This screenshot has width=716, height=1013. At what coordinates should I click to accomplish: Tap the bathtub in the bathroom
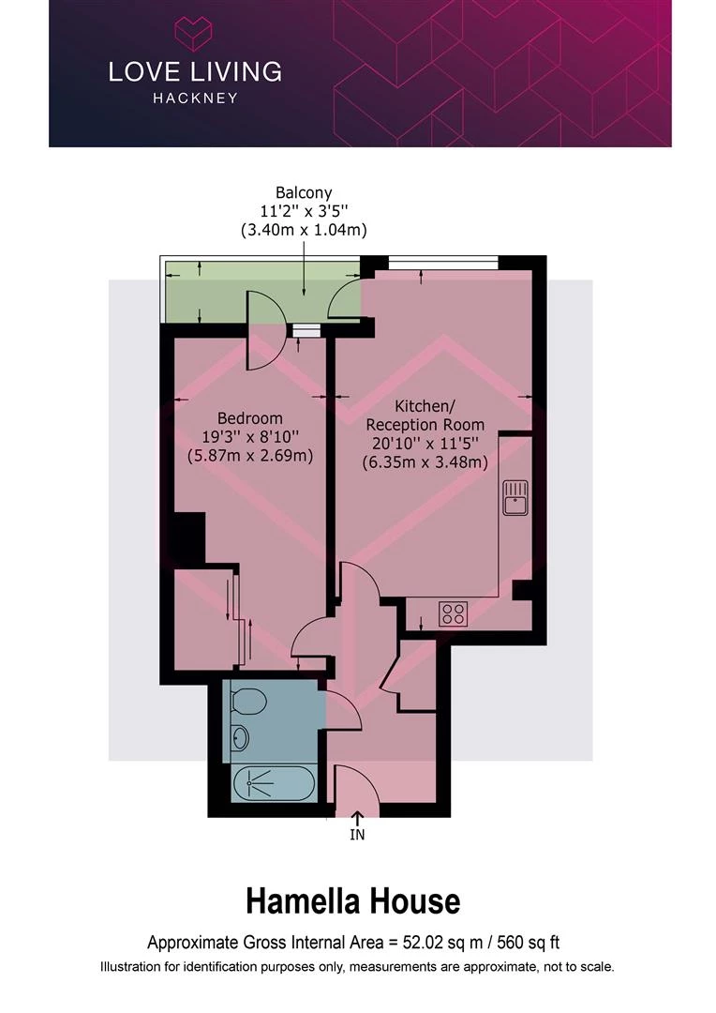[274, 783]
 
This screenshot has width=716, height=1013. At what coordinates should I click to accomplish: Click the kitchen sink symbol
[515, 497]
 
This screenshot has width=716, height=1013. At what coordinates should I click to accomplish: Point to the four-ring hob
[454, 613]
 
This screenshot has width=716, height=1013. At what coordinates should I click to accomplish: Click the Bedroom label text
[250, 418]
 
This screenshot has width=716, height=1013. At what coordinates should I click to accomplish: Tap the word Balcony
[304, 192]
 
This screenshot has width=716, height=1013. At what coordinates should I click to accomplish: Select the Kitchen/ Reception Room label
[425, 416]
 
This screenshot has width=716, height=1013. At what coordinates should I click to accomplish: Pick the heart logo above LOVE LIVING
[194, 35]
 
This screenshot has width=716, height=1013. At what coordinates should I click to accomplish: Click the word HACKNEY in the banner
[195, 98]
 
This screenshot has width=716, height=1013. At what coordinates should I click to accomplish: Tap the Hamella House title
[353, 902]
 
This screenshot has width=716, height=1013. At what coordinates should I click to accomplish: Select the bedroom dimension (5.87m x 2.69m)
[250, 456]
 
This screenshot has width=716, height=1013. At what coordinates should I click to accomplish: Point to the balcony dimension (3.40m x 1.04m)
[304, 230]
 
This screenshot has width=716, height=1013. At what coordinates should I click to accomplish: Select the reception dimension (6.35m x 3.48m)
[425, 462]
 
